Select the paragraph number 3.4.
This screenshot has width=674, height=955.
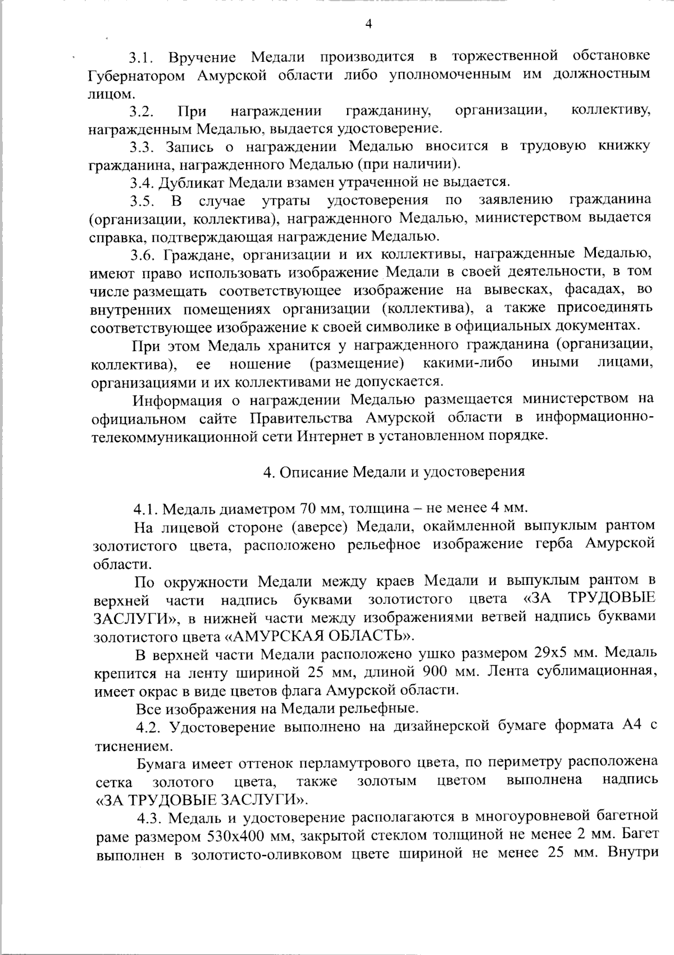click(142, 183)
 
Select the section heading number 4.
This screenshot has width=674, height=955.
click(268, 471)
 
